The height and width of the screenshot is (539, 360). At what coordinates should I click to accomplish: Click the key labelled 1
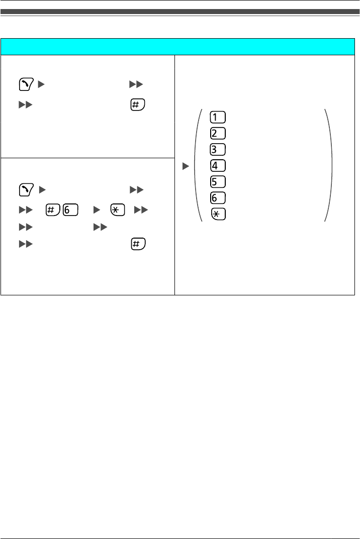click(219, 118)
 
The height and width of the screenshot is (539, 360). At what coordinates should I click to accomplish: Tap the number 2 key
click(219, 134)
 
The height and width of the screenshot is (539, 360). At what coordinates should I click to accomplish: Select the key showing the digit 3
click(219, 150)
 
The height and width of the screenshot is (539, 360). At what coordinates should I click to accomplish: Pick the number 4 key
click(219, 166)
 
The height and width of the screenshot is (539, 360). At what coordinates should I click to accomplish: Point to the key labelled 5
click(219, 182)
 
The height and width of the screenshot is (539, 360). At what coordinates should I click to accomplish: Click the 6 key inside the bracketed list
click(219, 198)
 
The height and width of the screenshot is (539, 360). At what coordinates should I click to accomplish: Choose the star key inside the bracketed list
click(219, 214)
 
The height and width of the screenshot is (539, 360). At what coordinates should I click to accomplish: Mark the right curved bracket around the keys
click(329, 165)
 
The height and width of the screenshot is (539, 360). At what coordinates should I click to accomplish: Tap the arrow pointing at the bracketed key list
click(185, 165)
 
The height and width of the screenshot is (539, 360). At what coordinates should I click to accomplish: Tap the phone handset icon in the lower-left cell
click(25, 189)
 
